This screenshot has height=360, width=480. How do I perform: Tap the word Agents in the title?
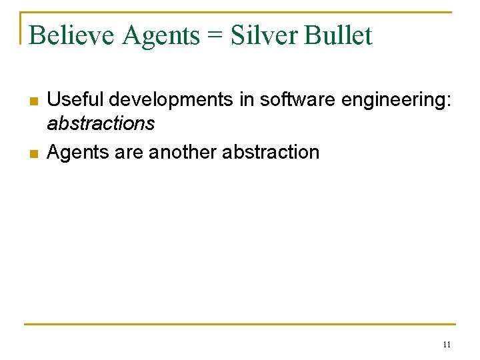[x=161, y=35]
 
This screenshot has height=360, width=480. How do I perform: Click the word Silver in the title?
[x=263, y=35]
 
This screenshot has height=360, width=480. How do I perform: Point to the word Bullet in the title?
[x=338, y=35]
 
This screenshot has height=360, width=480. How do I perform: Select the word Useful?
[x=76, y=100]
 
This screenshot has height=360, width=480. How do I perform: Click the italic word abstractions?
[x=101, y=124]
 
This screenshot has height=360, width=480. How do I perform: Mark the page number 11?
[x=447, y=345]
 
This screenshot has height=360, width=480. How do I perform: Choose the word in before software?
[x=247, y=100]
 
